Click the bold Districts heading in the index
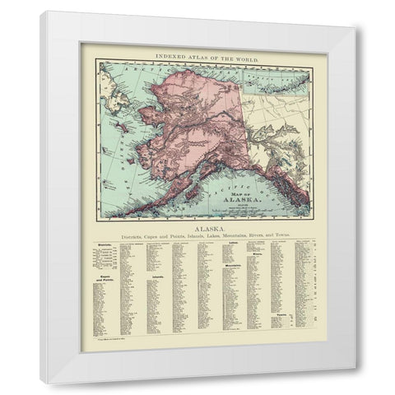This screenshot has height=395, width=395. pyautogui.click(x=103, y=246)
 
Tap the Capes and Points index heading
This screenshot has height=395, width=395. pyautogui.click(x=103, y=279)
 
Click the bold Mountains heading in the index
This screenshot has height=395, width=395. pyautogui.click(x=235, y=267)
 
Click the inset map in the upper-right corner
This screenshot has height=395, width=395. pyautogui.click(x=279, y=81)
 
